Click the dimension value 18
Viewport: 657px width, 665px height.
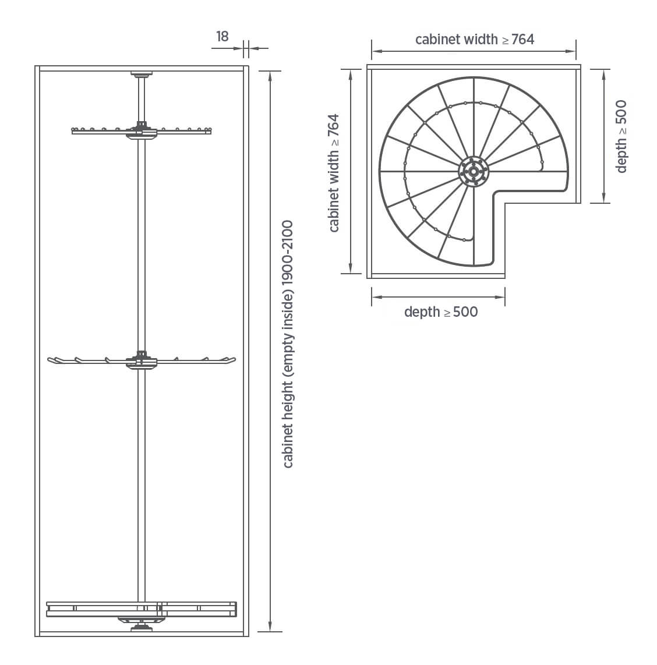tap(222, 36)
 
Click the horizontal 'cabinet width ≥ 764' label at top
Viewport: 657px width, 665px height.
tap(474, 39)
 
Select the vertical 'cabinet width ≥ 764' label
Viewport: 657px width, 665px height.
tap(334, 172)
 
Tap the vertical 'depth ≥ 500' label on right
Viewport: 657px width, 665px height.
tap(621, 136)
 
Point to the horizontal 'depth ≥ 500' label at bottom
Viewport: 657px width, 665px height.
tap(440, 312)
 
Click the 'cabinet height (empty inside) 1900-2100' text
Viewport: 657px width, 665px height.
tap(288, 344)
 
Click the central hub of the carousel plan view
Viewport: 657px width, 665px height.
tap(474, 171)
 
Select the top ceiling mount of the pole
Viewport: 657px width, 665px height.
tap(142, 74)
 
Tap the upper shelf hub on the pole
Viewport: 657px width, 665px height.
tap(142, 129)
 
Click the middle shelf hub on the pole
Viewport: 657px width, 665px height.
tap(142, 360)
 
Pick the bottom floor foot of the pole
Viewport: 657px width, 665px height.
tap(142, 628)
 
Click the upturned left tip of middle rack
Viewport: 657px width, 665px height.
tap(51, 360)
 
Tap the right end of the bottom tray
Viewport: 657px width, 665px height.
tap(235, 609)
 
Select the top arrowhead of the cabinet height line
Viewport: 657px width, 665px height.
tap(270, 75)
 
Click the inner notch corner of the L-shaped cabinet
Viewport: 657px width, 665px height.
tap(504, 203)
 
